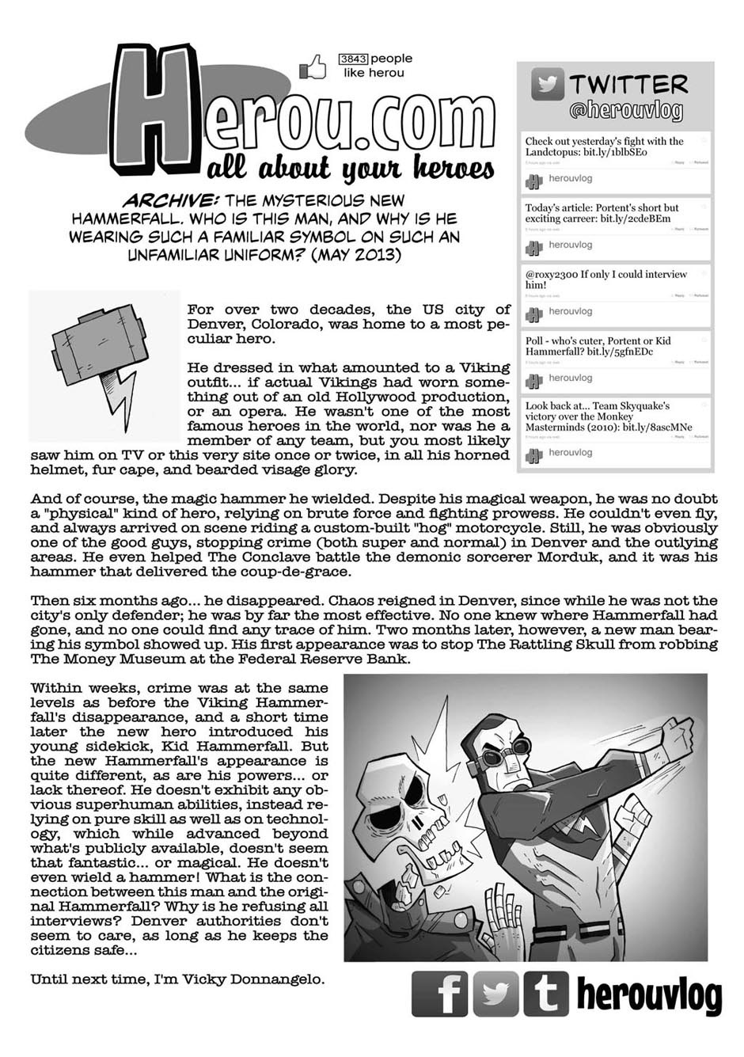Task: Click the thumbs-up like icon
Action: tap(313, 67)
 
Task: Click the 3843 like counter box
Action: tap(353, 59)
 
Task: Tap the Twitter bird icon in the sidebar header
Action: tap(547, 85)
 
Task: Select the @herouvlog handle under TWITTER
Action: tap(625, 111)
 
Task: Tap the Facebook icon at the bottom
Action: tap(441, 994)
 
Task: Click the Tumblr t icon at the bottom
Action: tap(545, 994)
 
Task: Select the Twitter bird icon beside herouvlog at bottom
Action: tap(495, 994)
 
